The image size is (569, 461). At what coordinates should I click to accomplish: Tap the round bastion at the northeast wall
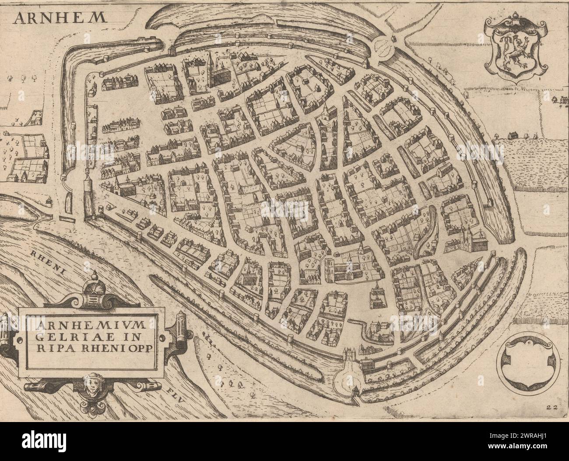point(386,45)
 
